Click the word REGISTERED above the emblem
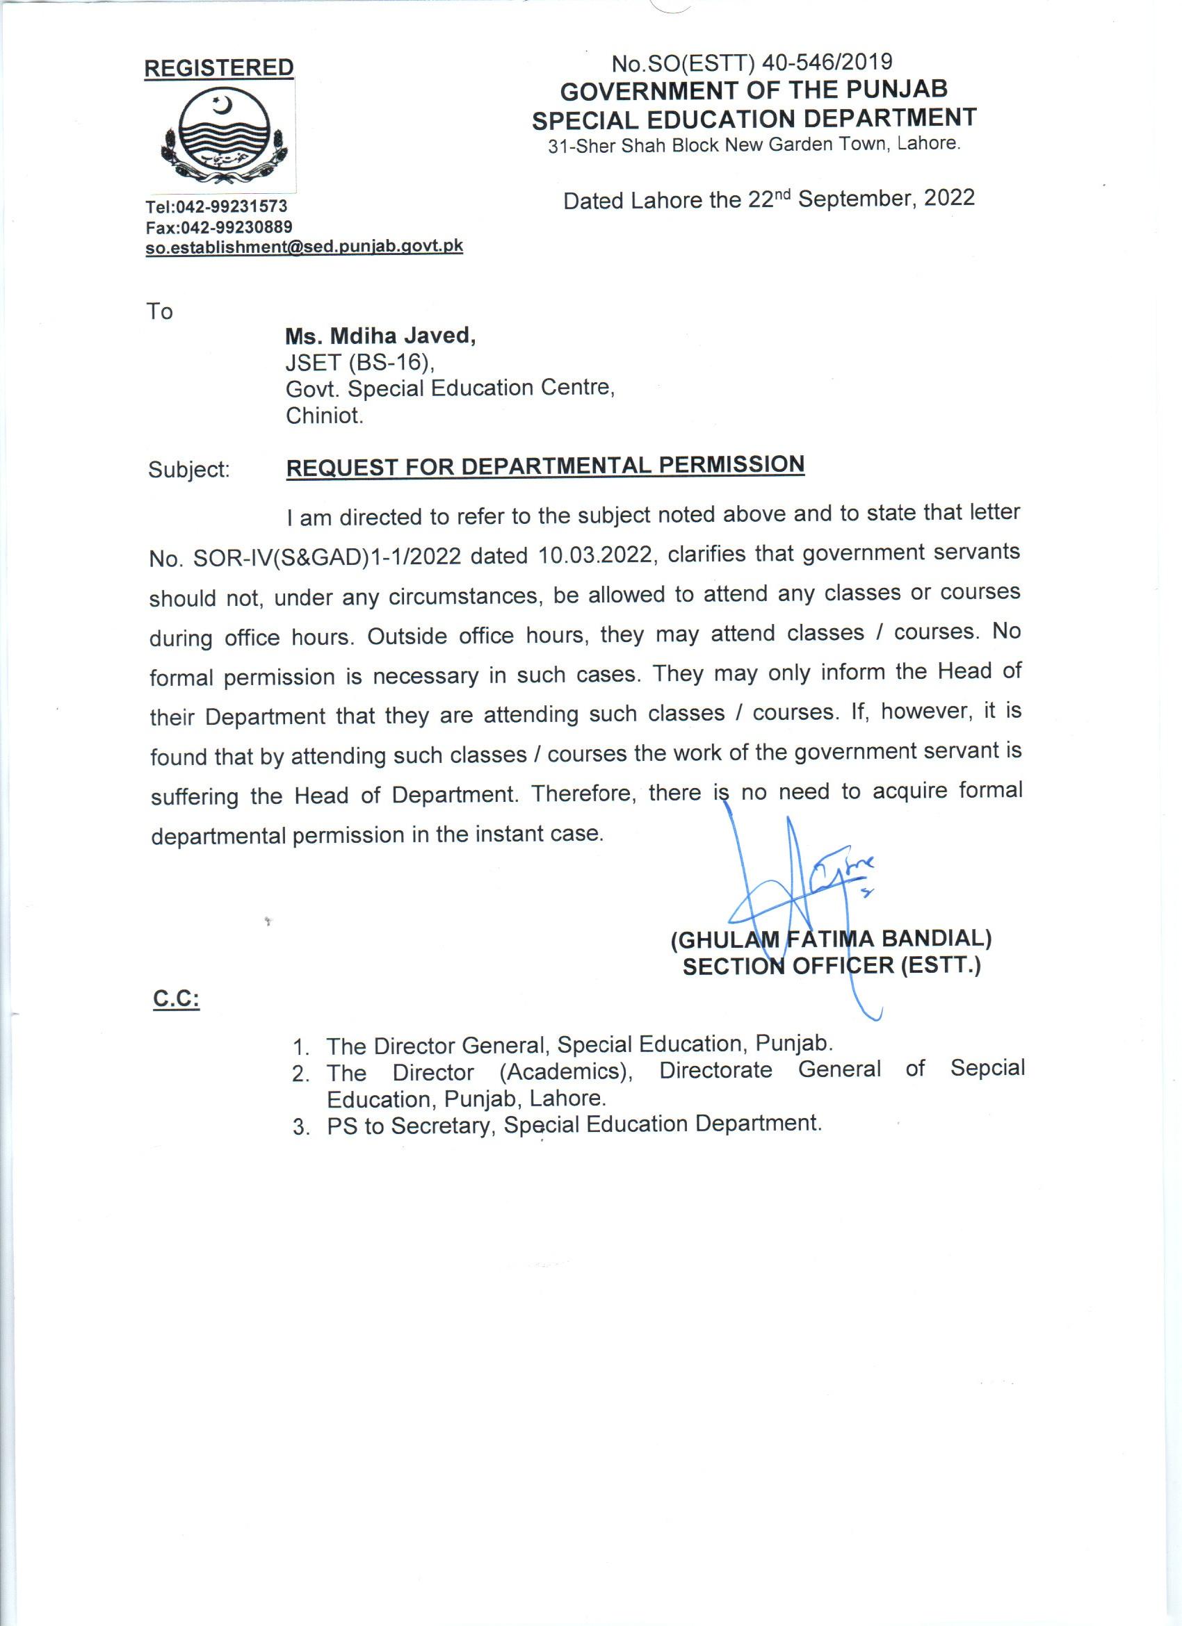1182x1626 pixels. coord(219,68)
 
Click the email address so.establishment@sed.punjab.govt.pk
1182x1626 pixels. coord(304,247)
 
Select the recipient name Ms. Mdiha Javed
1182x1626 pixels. coord(380,336)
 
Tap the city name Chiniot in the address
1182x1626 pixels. coord(324,416)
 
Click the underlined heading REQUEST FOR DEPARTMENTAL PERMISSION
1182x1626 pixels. coord(545,466)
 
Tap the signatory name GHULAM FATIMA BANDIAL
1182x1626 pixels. coord(832,939)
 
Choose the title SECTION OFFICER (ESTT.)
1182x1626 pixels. coord(832,967)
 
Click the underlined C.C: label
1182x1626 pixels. coord(177,999)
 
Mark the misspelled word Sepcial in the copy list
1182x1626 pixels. coord(987,1067)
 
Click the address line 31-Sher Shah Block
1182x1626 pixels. coord(753,145)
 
